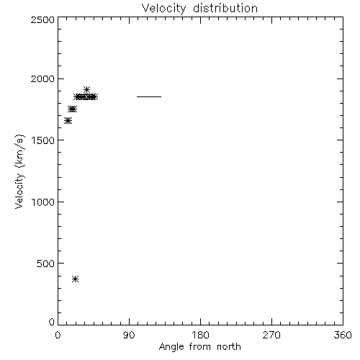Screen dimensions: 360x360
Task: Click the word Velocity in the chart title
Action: pos(163,9)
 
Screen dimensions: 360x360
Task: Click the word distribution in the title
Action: pos(225,8)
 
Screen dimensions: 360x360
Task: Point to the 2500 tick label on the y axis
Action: pos(42,19)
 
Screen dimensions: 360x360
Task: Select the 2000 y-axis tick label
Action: pos(42,78)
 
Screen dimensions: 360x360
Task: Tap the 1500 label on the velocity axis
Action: pos(43,140)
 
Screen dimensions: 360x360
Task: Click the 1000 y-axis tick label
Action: pos(43,202)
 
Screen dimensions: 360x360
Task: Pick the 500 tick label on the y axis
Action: pos(46,264)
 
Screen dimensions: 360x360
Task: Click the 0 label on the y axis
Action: pos(52,322)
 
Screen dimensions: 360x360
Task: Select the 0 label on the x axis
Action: pos(58,335)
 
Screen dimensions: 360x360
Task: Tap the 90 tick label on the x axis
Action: pos(129,335)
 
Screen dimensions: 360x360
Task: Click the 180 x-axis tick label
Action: pos(200,335)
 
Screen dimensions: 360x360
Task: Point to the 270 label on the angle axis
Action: pos(271,335)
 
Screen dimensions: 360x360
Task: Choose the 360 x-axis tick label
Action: pos(343,335)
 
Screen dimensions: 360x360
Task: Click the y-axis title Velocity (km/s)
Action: pos(19,171)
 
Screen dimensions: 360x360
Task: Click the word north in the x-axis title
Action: pos(229,347)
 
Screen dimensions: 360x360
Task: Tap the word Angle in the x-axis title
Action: pos(171,347)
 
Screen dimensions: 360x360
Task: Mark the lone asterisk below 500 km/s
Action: pos(76,279)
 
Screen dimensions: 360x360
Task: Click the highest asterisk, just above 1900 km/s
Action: pos(86,90)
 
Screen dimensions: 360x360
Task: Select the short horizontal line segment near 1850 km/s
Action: pos(149,96)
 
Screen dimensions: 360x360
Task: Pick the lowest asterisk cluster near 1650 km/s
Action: pos(68,121)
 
